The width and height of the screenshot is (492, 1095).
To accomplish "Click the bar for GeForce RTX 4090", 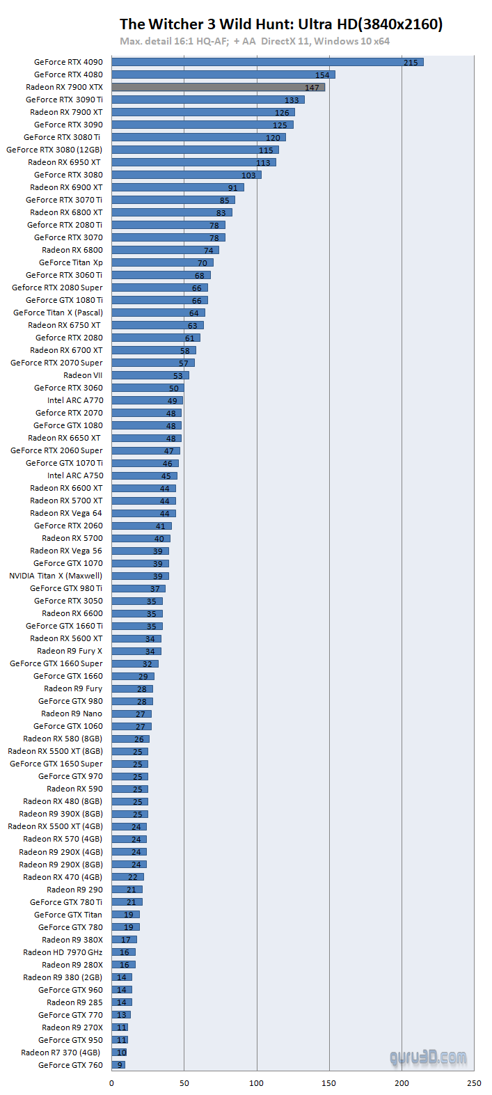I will [x=267, y=62].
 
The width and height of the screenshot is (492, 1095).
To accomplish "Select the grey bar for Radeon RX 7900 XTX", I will [x=218, y=87].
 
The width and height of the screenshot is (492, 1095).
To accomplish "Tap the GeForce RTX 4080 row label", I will [x=68, y=74].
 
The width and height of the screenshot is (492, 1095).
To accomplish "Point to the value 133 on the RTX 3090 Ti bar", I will [x=292, y=100].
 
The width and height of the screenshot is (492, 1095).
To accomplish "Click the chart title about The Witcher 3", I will [x=281, y=24].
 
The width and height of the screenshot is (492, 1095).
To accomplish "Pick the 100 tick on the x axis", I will [x=257, y=1082].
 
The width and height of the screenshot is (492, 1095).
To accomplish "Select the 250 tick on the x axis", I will [x=474, y=1082].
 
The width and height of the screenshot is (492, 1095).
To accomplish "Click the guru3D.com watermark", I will [x=428, y=1058].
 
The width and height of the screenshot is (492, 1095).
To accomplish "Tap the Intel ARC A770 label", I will [x=75, y=400].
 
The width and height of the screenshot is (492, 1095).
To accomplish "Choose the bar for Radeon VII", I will [x=150, y=375].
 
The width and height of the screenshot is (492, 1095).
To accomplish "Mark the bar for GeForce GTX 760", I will [x=118, y=1064].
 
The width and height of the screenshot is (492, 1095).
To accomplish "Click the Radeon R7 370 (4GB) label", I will [x=61, y=1053].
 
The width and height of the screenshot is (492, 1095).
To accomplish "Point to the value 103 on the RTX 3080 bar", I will [x=248, y=175].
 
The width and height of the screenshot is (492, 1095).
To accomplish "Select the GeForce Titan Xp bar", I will [x=162, y=262].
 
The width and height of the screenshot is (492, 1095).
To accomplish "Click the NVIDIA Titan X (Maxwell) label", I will [x=56, y=576].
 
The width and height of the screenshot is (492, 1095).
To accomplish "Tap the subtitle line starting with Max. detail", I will [x=255, y=41].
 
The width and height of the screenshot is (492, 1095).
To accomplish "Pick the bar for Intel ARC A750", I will [x=144, y=475].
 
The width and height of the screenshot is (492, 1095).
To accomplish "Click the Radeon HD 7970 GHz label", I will [x=63, y=952].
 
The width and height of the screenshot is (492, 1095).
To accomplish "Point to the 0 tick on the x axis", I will [x=111, y=1082].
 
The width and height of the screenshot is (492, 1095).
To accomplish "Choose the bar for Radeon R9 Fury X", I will [x=136, y=651].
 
